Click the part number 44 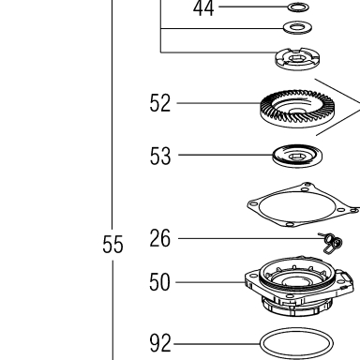click(x=203, y=8)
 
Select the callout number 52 click(x=160, y=103)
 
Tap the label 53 click(x=160, y=156)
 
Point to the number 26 click(x=160, y=238)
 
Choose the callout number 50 click(x=159, y=282)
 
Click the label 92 click(x=160, y=343)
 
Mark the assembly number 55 click(x=112, y=245)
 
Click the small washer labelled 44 click(x=298, y=7)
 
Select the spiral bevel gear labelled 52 click(x=297, y=109)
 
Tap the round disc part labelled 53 click(x=297, y=156)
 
